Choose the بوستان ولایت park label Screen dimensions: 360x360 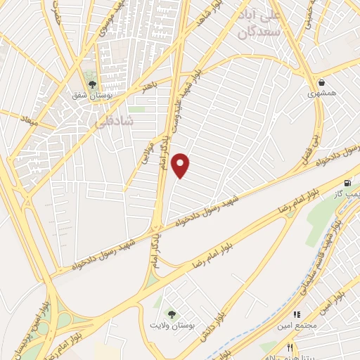click(169, 325)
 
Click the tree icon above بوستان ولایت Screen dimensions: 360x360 click(169, 314)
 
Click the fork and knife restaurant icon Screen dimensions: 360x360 click(290, 347)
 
